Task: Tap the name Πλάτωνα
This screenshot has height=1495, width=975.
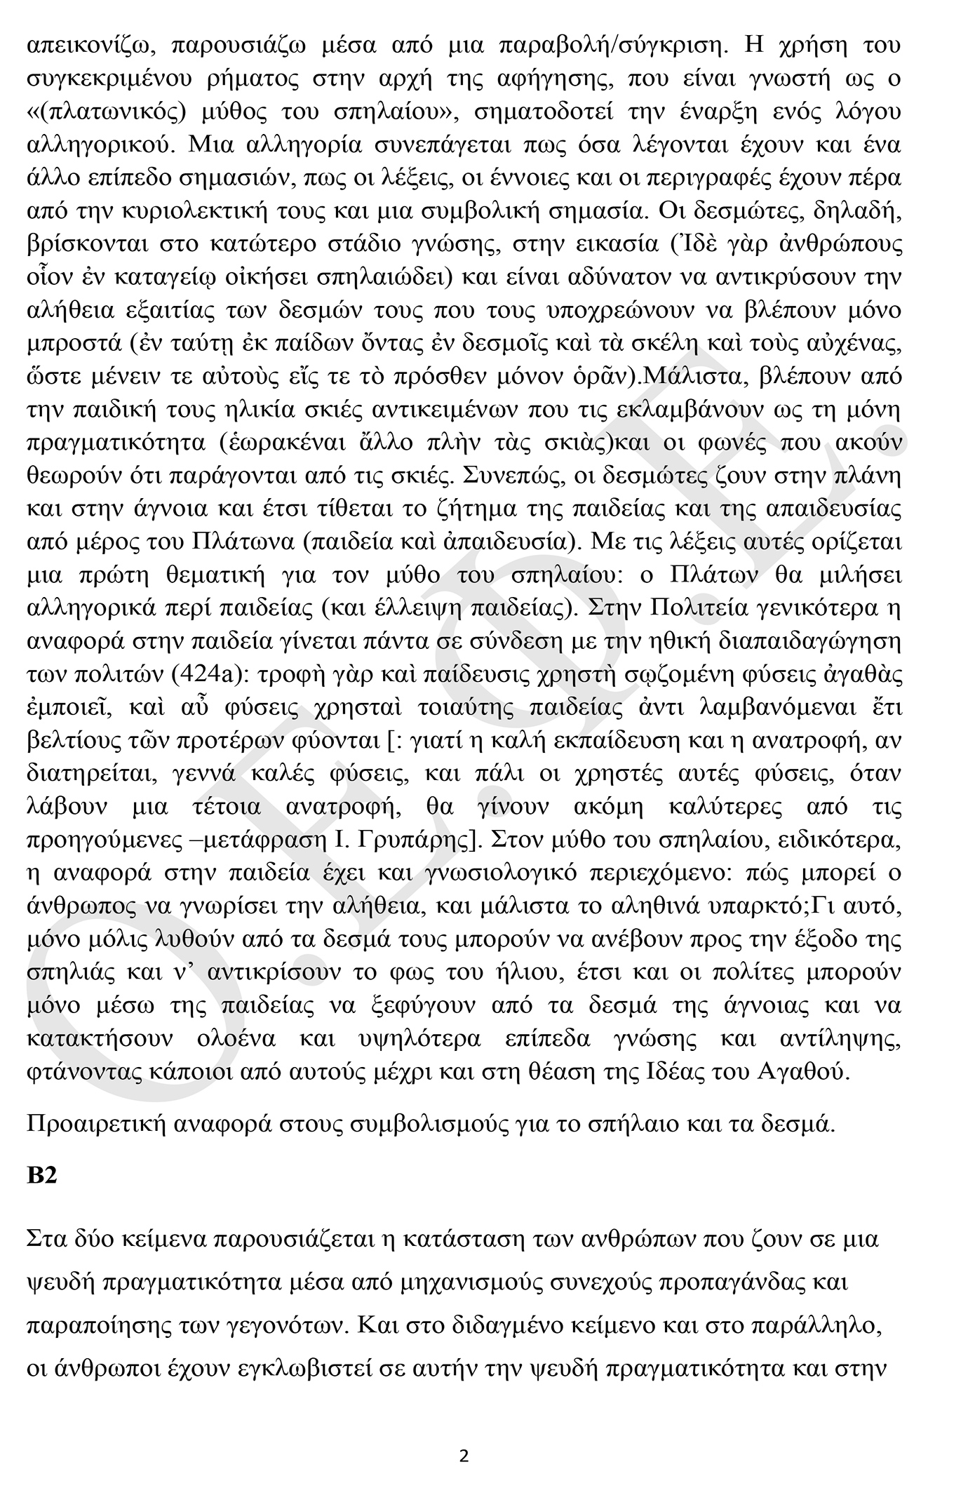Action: (x=257, y=542)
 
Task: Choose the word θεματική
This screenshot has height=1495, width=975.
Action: (x=217, y=575)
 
